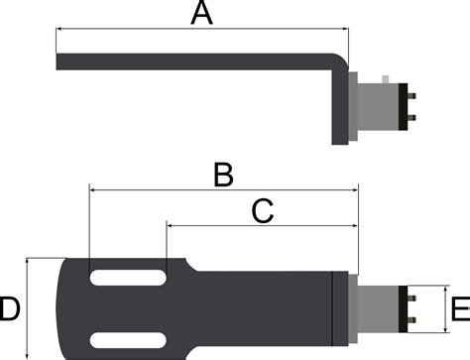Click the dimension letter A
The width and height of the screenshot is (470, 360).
point(201,13)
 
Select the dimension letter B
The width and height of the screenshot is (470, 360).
point(223,175)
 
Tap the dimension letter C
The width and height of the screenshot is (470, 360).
point(263,210)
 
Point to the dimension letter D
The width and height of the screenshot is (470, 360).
point(9,308)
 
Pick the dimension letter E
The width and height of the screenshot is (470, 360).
point(461,308)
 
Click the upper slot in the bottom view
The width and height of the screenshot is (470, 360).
point(128,278)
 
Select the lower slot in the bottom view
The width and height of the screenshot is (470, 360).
point(128,340)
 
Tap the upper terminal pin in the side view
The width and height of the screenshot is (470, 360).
point(411,96)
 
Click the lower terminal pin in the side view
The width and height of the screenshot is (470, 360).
point(411,118)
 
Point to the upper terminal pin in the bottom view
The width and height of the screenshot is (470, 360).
point(411,299)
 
